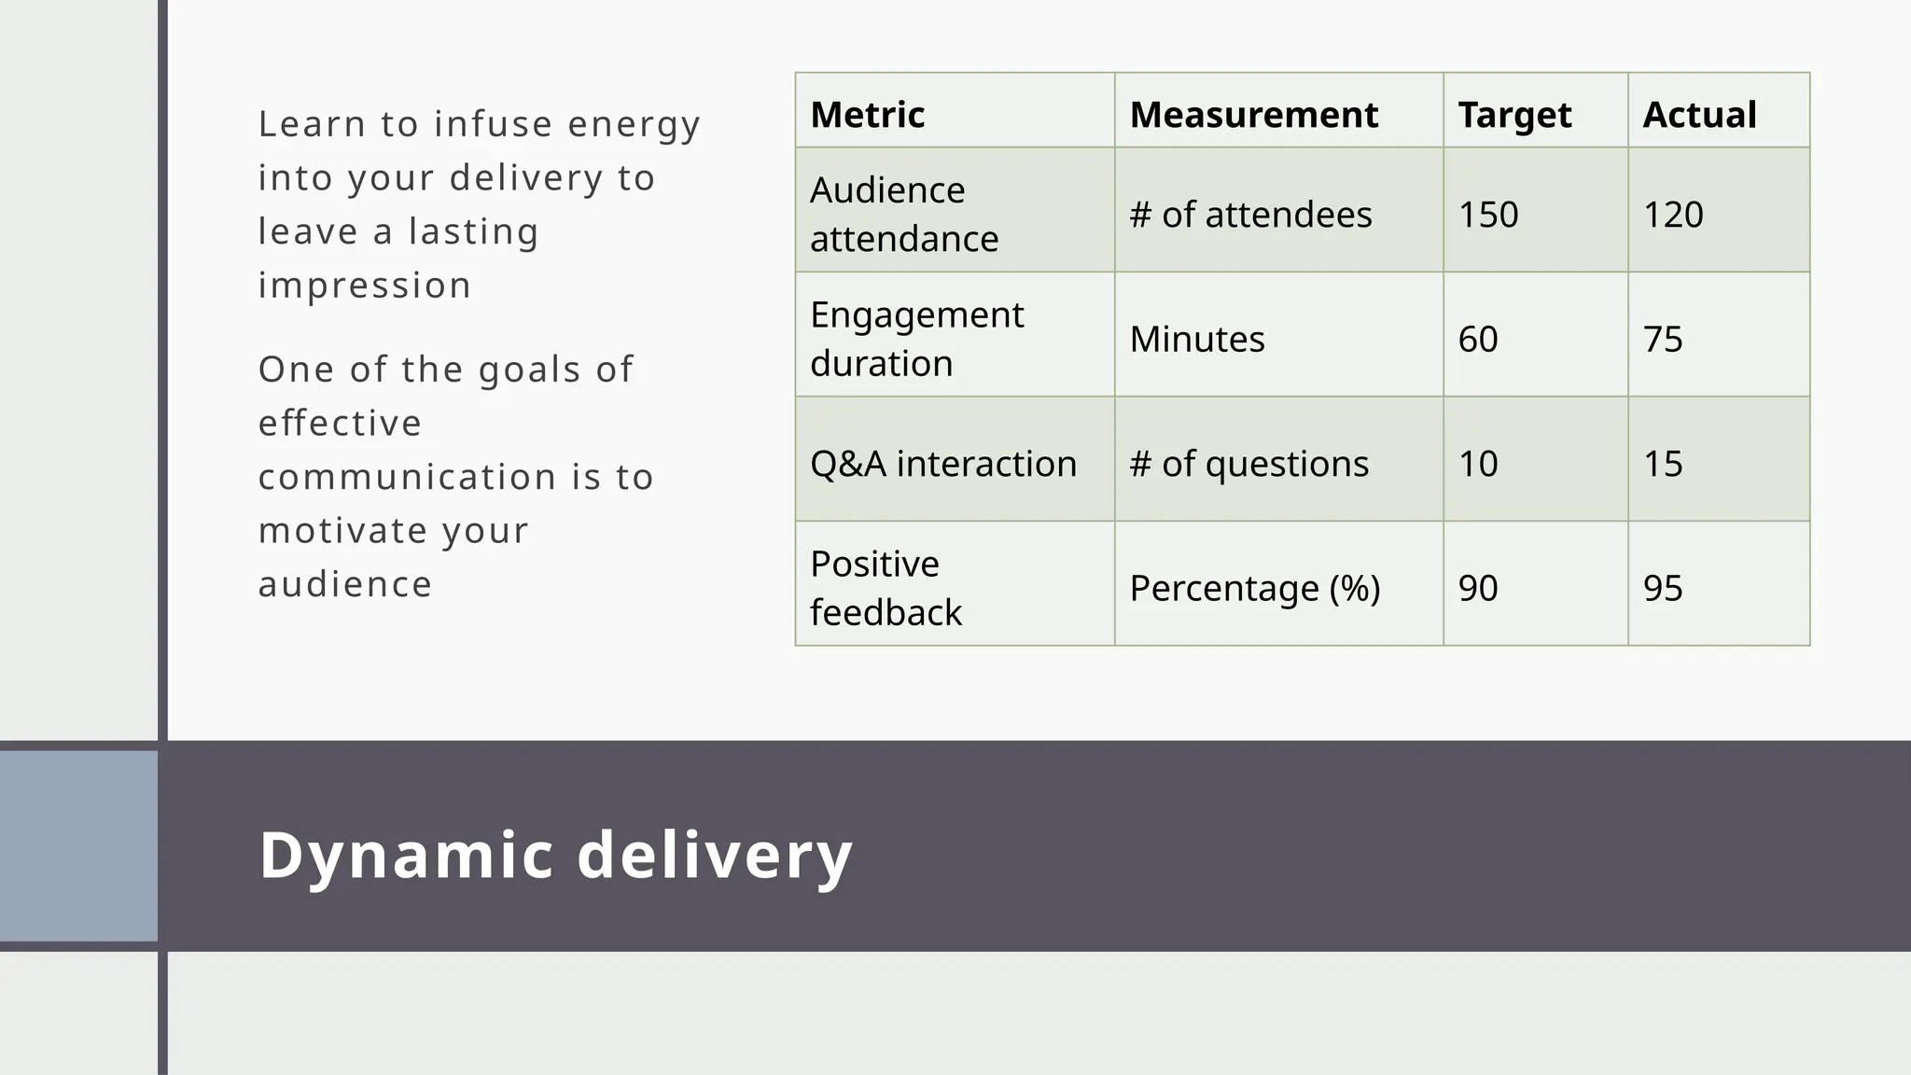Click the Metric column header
[868, 115]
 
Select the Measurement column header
[1253, 115]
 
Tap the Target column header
[1514, 115]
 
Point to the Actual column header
[1699, 115]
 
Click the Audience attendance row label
[903, 214]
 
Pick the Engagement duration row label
[916, 338]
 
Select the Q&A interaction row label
[942, 463]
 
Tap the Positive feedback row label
[885, 587]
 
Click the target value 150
[1488, 215]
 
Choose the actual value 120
[1673, 215]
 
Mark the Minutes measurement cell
[1197, 339]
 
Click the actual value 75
[1663, 339]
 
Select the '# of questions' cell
[1248, 463]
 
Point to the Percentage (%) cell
[1254, 588]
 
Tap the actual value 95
[1663, 588]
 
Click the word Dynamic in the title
[406, 855]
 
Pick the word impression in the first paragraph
[365, 286]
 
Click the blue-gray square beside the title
[78, 845]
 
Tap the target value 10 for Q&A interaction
[1478, 463]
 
